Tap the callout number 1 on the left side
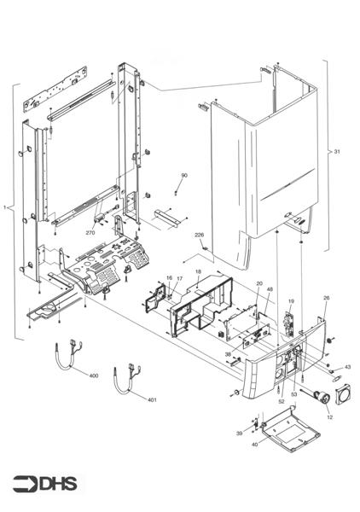6,207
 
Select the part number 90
183,175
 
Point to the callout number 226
199,234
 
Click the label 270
90,232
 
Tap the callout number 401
152,399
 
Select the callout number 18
198,272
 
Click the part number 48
270,290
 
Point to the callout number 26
325,298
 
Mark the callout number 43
347,367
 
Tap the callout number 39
240,433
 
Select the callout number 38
228,353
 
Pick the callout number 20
258,282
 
